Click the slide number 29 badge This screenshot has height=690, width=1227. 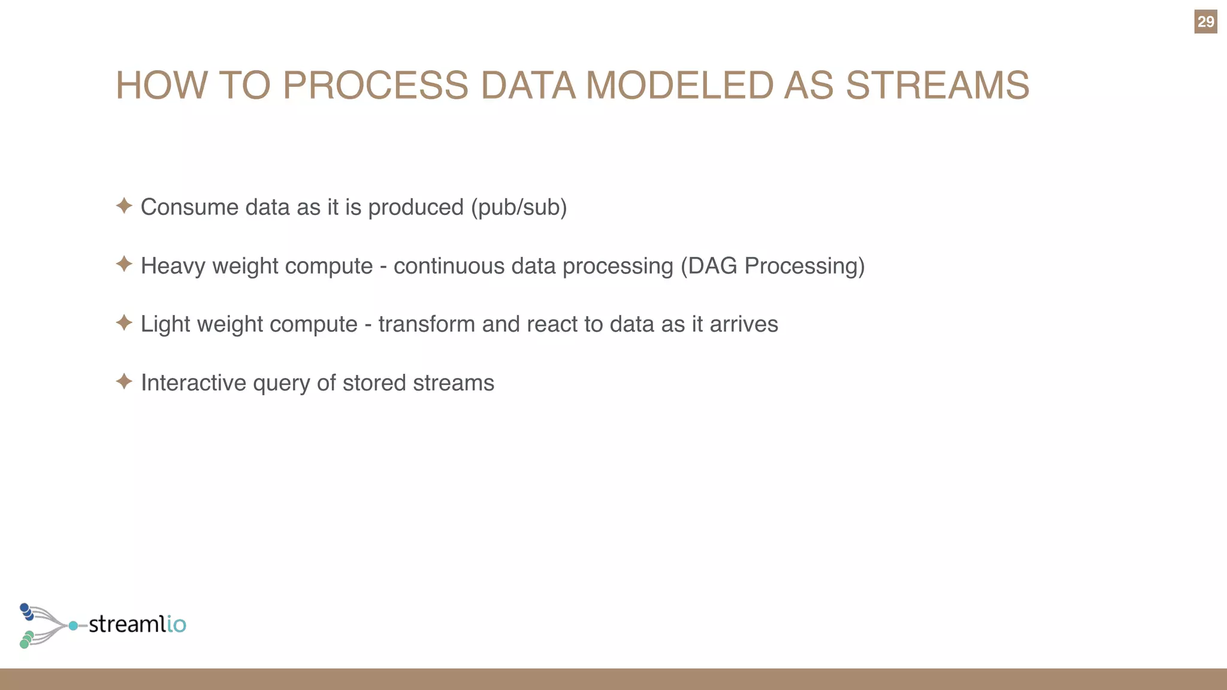tap(1205, 22)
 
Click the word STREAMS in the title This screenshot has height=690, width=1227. tap(937, 85)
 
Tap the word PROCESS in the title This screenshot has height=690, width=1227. tap(375, 85)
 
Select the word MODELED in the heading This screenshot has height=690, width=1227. tap(679, 85)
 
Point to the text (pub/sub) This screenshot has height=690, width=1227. tap(519, 207)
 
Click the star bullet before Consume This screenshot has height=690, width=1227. tap(124, 206)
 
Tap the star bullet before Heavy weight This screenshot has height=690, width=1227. tap(124, 264)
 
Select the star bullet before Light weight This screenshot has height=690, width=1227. tap(124, 323)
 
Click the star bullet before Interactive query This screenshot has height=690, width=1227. tap(124, 382)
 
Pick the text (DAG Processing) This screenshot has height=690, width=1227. tap(773, 266)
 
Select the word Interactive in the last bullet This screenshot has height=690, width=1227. tap(193, 383)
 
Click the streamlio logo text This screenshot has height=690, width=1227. tap(137, 624)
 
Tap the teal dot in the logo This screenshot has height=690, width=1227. tap(73, 626)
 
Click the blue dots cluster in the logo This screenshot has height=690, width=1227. tap(26, 612)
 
